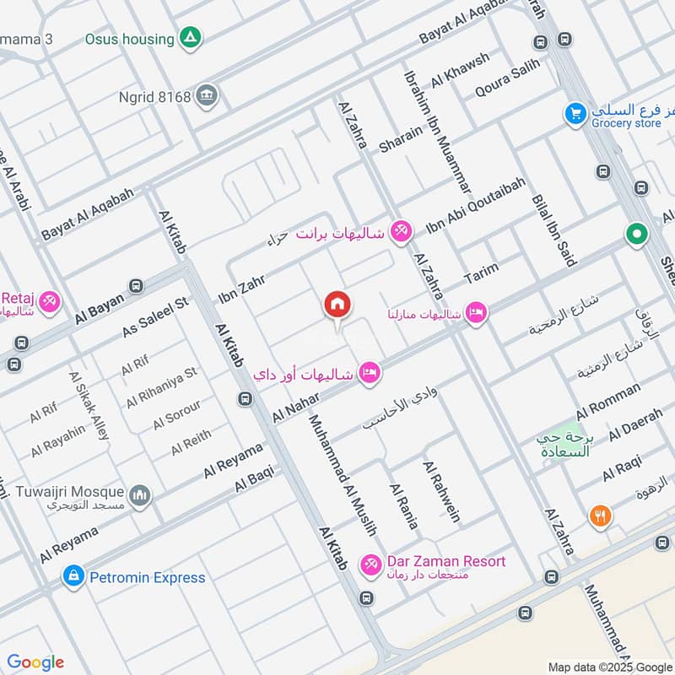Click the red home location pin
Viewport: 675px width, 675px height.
click(337, 305)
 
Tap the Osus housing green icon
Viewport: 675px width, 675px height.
click(191, 39)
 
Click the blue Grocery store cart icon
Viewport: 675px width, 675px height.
click(575, 112)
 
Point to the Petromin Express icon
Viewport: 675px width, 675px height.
click(73, 577)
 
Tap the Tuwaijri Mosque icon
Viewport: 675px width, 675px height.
click(140, 493)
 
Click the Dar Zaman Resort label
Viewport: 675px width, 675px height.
click(446, 561)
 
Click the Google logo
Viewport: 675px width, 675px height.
click(35, 662)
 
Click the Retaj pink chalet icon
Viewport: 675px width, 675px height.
click(49, 300)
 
